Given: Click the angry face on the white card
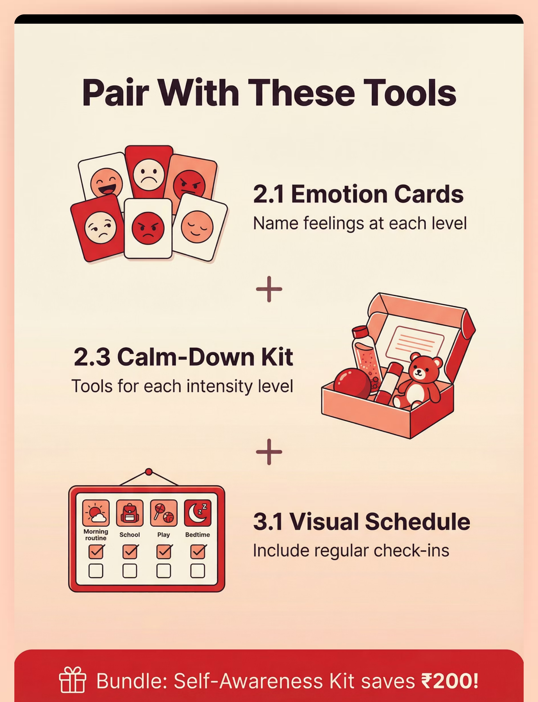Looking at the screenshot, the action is coord(148,228).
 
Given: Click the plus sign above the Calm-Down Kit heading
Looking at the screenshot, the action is coord(269,289).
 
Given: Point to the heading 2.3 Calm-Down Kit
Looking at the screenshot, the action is coord(183,357).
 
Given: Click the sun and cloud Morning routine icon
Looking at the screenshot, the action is coord(96,513).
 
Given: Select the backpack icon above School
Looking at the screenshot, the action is coord(130,513).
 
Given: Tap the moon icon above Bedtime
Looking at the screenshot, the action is coord(198,513).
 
